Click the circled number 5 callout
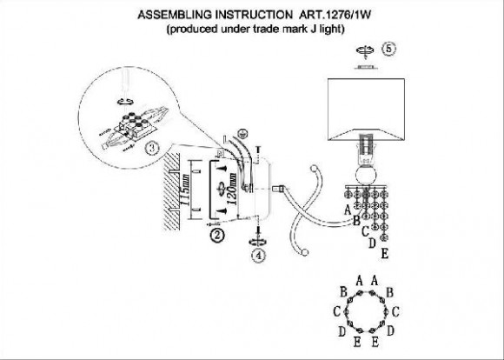389,50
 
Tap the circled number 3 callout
152,149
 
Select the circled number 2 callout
217,236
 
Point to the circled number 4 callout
259,255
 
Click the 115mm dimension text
185,190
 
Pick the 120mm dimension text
232,189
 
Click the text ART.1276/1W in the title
335,15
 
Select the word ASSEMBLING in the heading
175,15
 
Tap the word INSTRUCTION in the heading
252,15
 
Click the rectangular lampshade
366,109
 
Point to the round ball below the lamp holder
366,176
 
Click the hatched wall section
172,191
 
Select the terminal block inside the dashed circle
135,126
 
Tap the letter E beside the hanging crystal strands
384,254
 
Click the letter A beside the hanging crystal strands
347,210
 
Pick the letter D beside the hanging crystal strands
372,243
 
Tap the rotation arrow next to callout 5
366,50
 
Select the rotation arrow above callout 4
258,242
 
